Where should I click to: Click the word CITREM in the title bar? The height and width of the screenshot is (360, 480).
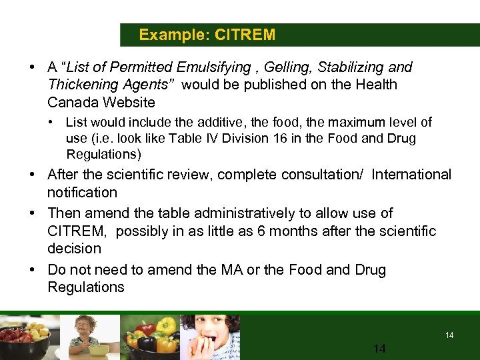[x=245, y=35]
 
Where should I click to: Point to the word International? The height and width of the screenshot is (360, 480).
[x=411, y=175]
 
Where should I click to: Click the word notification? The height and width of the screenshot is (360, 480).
[x=81, y=193]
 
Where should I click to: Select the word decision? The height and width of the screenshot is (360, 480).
[x=74, y=248]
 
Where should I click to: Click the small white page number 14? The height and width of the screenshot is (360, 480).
[x=449, y=335]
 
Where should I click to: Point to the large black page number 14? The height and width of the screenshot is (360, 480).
[x=380, y=349]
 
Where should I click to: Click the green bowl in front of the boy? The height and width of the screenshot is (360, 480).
[x=101, y=350]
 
